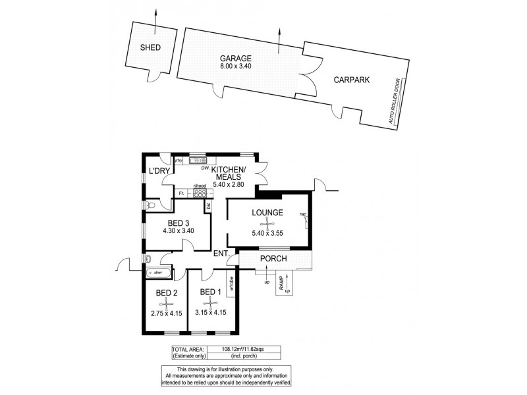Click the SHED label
click(150, 47)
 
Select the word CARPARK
click(351, 79)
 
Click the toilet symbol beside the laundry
click(151, 206)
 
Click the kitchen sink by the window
click(198, 161)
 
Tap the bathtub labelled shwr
click(159, 272)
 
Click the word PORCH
click(273, 259)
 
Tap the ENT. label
click(222, 253)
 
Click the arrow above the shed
click(155, 16)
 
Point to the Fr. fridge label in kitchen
click(181, 193)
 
